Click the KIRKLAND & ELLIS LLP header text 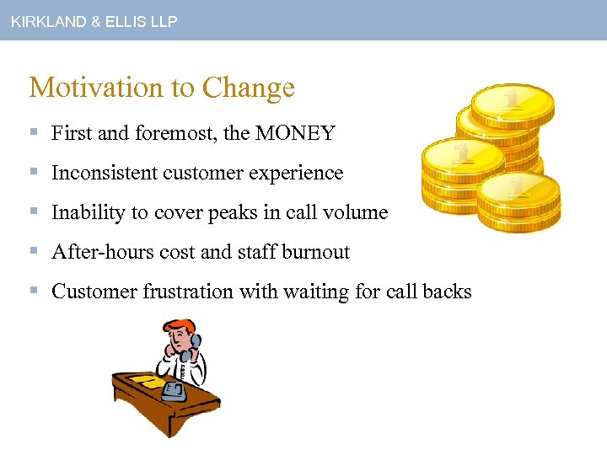(x=94, y=22)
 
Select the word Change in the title (x=249, y=88)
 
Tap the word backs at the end (x=446, y=292)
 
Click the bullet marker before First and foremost (x=34, y=133)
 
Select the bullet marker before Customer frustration (x=34, y=292)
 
